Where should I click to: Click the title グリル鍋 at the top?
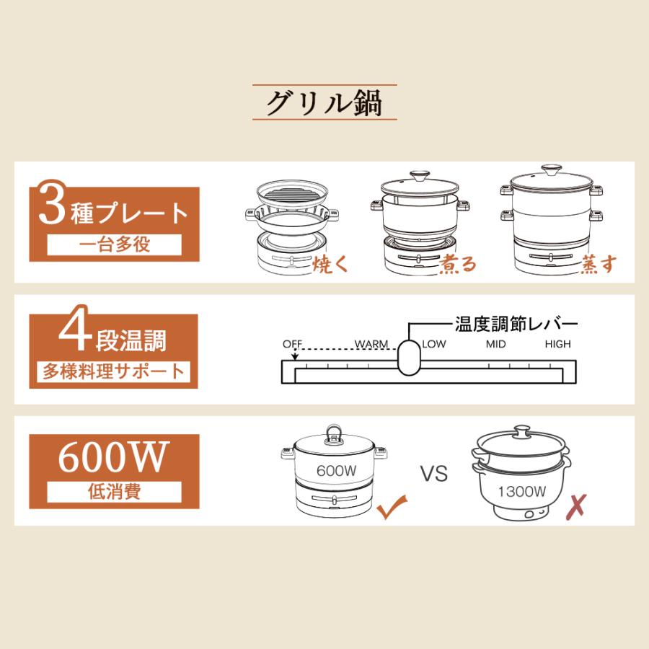[x=324, y=103]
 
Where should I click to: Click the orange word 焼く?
[x=331, y=263]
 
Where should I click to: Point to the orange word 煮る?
[x=459, y=264]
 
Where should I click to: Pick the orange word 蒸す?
[x=599, y=264]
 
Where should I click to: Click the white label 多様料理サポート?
[x=113, y=372]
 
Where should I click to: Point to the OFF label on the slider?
[x=291, y=344]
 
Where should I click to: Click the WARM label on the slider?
[x=371, y=344]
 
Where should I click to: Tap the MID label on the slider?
[x=495, y=344]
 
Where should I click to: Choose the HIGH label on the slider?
[x=558, y=344]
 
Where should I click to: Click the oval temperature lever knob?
[x=409, y=356]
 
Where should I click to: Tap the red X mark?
[x=575, y=508]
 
